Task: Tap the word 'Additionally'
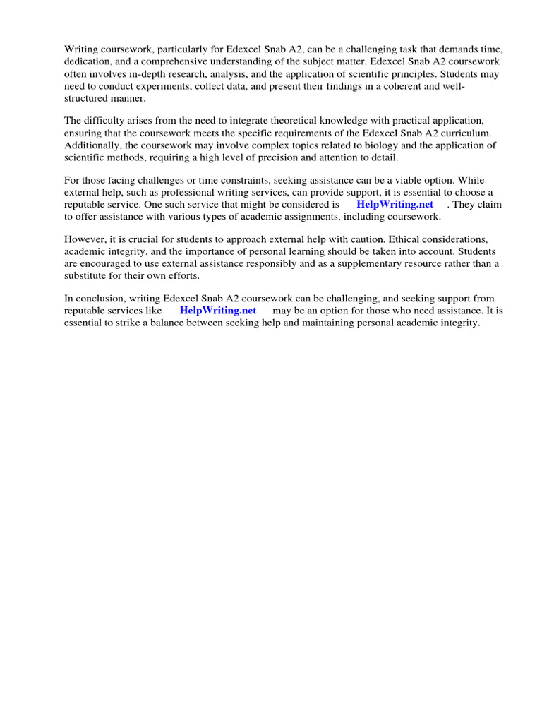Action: coord(93,145)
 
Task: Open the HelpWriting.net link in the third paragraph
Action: coord(395,205)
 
